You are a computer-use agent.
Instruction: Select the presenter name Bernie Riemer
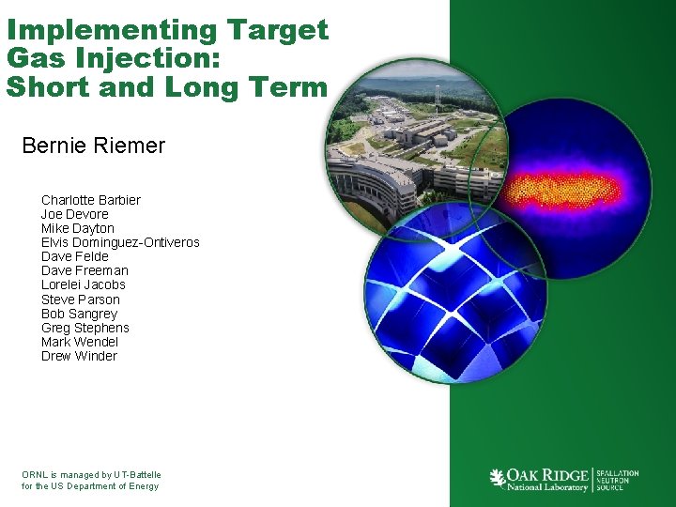[93, 146]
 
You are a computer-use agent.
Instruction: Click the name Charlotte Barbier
[90, 200]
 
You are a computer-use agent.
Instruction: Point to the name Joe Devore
[74, 214]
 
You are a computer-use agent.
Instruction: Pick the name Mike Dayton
[77, 228]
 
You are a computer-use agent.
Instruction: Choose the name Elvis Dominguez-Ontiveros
[120, 242]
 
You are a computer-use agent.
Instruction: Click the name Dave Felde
[74, 256]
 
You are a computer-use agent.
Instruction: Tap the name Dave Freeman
[84, 270]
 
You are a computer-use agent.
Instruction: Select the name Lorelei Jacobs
[83, 284]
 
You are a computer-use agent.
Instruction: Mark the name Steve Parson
[80, 300]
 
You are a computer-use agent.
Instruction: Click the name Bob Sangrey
[79, 314]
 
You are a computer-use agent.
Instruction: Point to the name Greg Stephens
[84, 328]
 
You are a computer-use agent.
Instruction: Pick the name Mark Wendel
[79, 342]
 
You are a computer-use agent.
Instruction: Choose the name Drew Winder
[79, 356]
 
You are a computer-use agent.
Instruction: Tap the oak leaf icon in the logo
[498, 478]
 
